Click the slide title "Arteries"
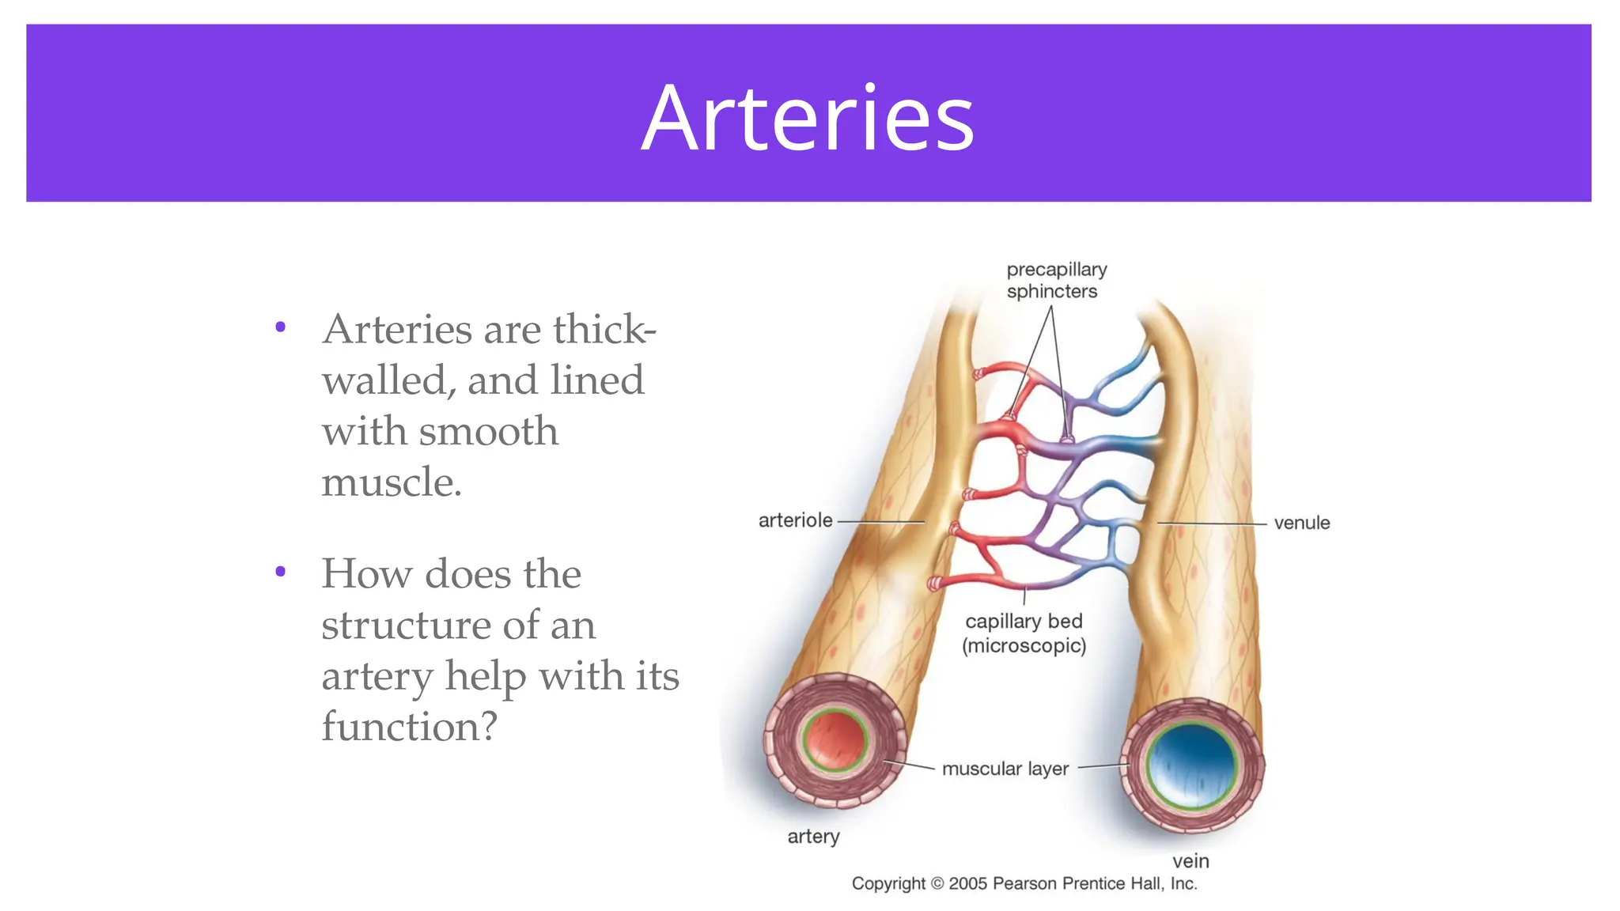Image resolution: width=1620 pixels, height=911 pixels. click(x=808, y=119)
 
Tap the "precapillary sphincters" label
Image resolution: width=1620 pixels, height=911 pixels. click(x=1055, y=280)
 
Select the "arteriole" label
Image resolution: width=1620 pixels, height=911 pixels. click(x=795, y=520)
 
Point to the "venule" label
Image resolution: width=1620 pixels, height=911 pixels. click(x=1301, y=523)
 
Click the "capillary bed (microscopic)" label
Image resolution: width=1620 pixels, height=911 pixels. click(x=1024, y=633)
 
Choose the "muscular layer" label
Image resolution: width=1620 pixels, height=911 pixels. click(x=1005, y=769)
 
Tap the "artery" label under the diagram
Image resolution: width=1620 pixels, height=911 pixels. click(x=813, y=837)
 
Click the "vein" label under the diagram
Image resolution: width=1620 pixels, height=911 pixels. click(x=1190, y=860)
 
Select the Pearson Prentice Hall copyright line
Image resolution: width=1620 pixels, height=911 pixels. click(x=1024, y=883)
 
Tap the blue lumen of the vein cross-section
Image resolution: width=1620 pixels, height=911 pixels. click(x=1192, y=764)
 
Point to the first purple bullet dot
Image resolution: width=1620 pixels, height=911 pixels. click(x=280, y=327)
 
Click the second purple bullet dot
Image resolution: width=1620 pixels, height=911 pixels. click(x=280, y=571)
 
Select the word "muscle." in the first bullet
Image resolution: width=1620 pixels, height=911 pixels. click(x=391, y=482)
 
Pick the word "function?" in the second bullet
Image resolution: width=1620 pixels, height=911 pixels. click(x=409, y=726)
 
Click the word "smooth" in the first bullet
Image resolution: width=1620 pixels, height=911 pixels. click(x=488, y=431)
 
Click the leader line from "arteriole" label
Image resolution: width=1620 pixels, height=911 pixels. click(x=880, y=522)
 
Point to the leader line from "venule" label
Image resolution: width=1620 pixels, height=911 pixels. click(x=1212, y=524)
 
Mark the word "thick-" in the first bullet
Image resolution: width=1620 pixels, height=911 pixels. click(x=604, y=329)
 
